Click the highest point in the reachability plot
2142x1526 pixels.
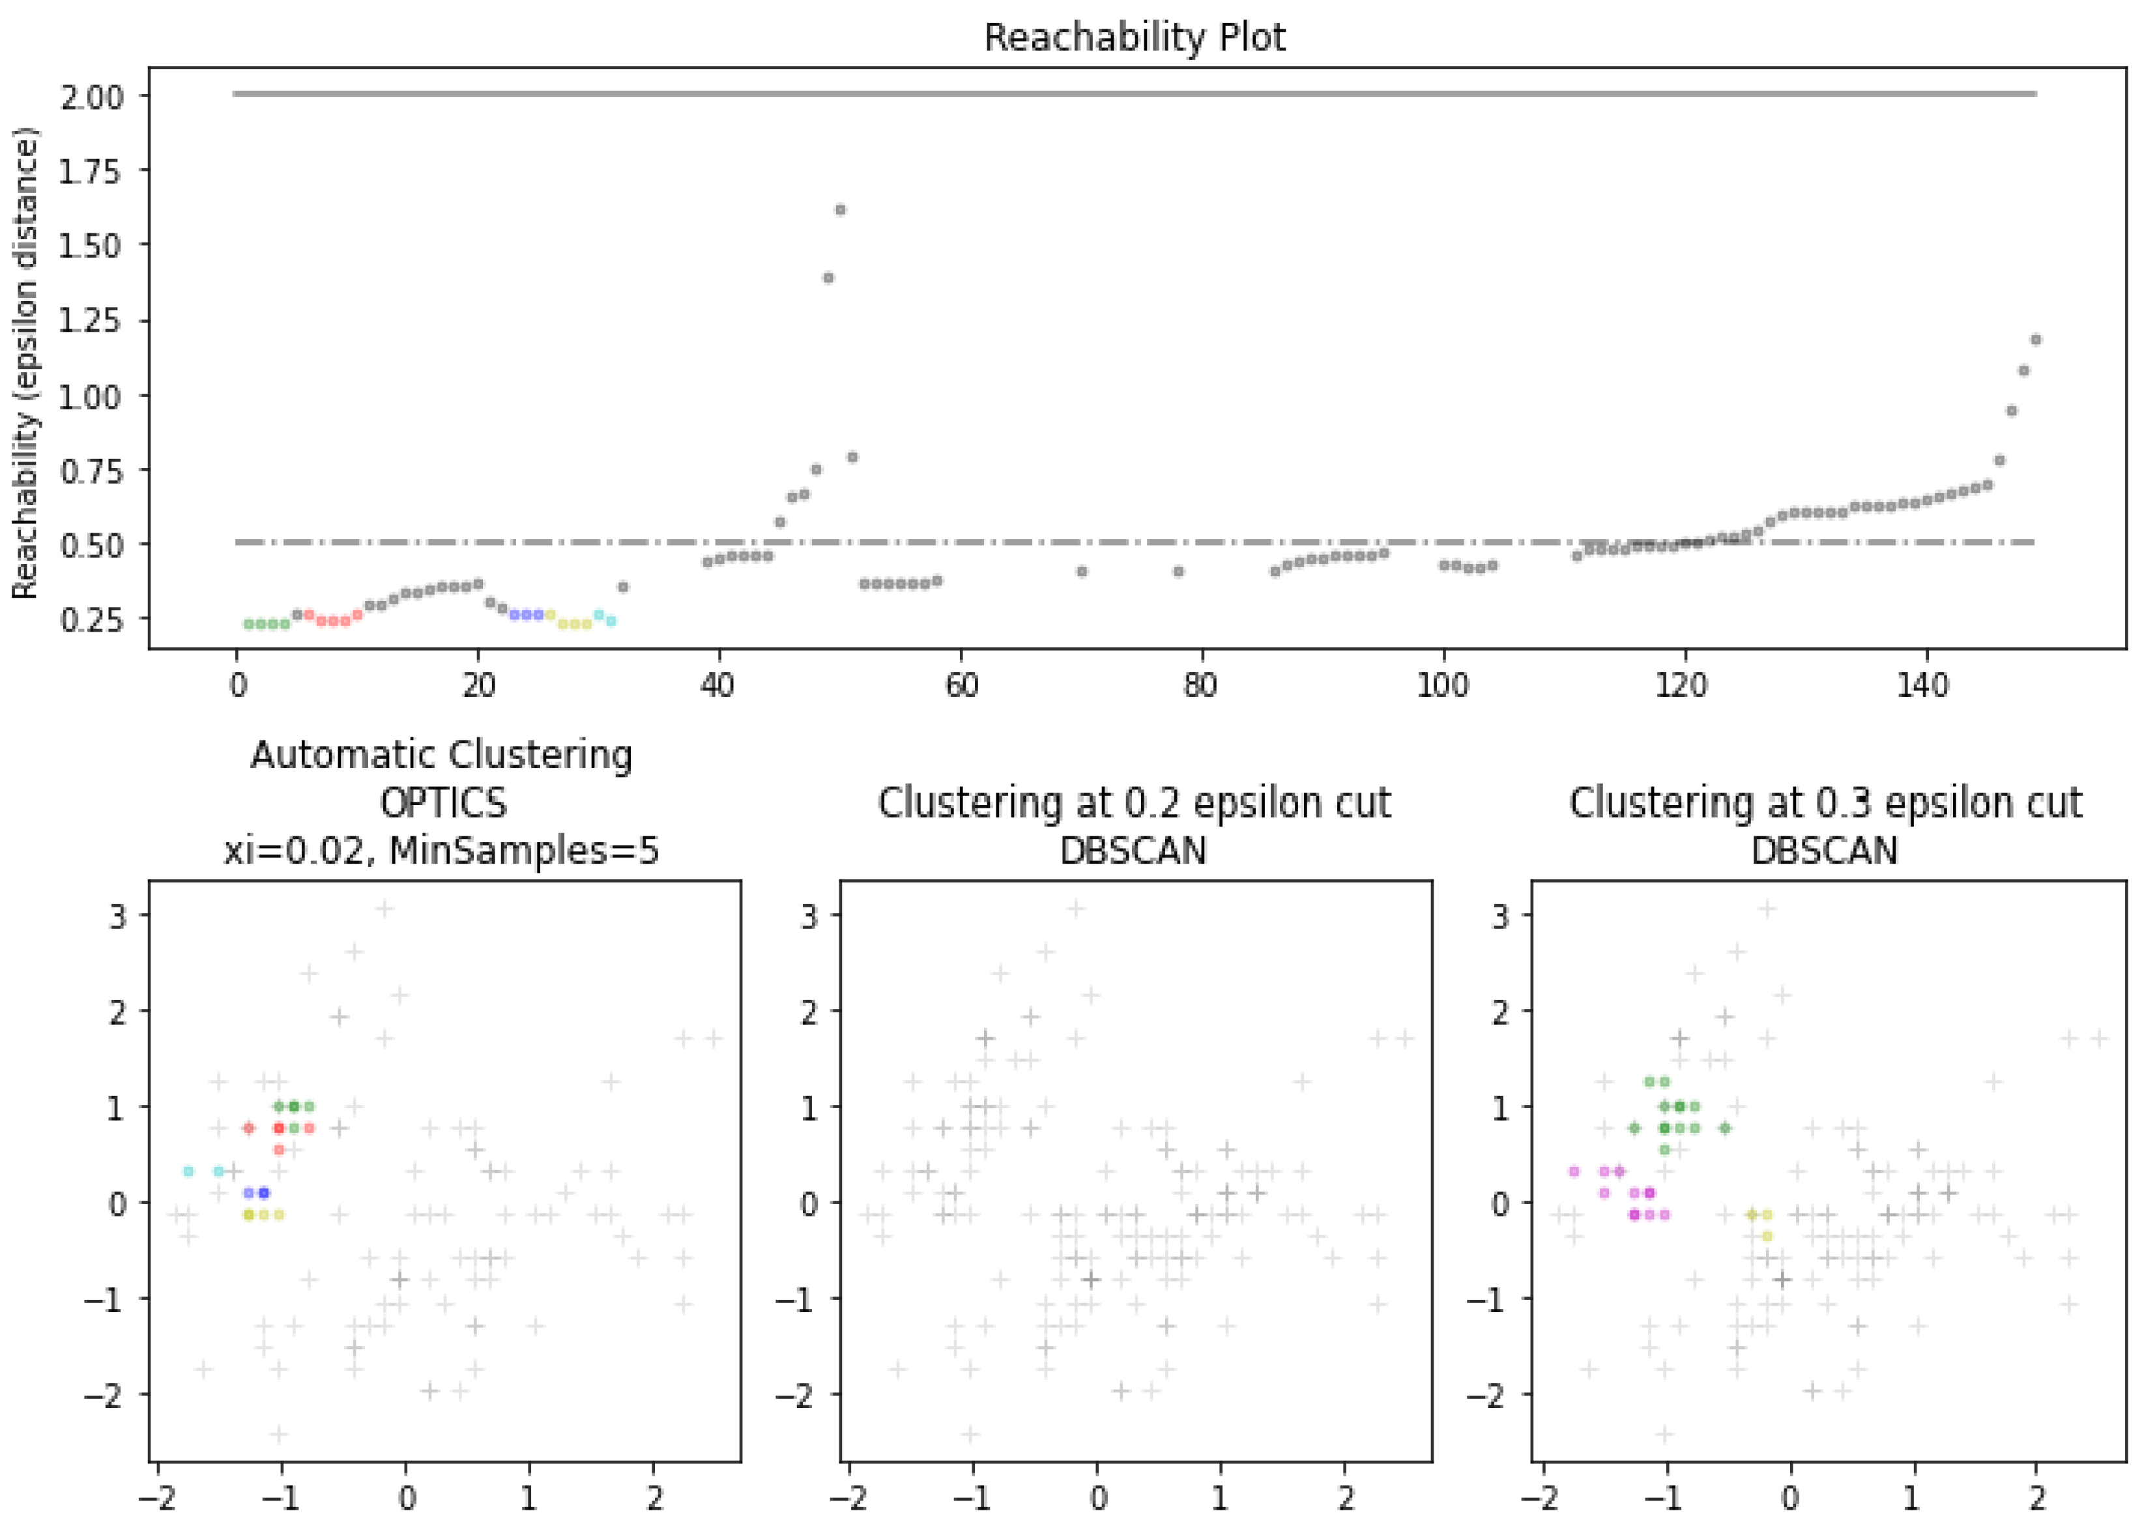click(x=841, y=209)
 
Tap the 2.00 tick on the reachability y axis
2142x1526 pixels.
click(x=91, y=96)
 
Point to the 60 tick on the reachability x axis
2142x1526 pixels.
click(x=961, y=686)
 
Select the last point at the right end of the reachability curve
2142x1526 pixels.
click(x=2035, y=339)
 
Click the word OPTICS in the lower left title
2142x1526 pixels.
click(x=442, y=803)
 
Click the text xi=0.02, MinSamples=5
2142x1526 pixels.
click(x=442, y=851)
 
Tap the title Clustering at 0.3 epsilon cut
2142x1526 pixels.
click(x=1825, y=803)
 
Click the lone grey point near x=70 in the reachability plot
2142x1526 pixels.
click(x=1081, y=571)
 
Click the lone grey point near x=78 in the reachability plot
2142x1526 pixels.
click(x=1178, y=571)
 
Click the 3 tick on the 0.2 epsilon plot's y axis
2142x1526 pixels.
click(x=809, y=916)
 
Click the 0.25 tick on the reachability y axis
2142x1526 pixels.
click(x=91, y=620)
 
